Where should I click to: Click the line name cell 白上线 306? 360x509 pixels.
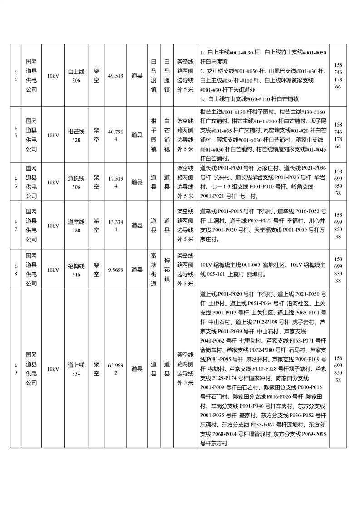pyautogui.click(x=76, y=76)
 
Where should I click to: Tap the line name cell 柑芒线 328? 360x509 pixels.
pyautogui.click(x=76, y=135)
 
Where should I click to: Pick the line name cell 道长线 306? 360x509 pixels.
pyautogui.click(x=76, y=182)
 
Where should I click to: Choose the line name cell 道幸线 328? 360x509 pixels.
pyautogui.click(x=76, y=225)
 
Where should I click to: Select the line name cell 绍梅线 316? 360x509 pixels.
pyautogui.click(x=76, y=269)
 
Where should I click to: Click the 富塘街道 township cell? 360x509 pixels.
pyautogui.click(x=153, y=269)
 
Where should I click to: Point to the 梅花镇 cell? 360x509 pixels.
pyautogui.click(x=167, y=269)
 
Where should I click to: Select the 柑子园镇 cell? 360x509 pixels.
pyautogui.click(x=153, y=135)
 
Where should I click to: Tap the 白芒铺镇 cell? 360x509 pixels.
pyautogui.click(x=167, y=135)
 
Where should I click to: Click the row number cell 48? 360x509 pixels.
pyautogui.click(x=15, y=269)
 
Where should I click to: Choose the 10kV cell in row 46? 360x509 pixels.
pyautogui.click(x=53, y=182)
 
